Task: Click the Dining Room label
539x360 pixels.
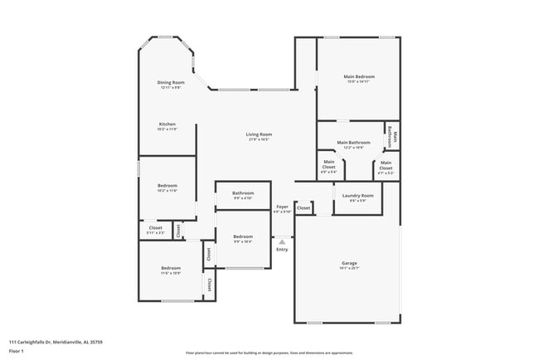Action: [x=171, y=82]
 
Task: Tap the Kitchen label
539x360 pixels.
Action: [x=167, y=124]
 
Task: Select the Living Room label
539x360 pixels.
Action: [x=259, y=134]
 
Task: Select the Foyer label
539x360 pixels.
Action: [x=282, y=207]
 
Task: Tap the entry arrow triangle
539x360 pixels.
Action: [x=282, y=241]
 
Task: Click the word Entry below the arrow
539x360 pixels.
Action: [x=282, y=249]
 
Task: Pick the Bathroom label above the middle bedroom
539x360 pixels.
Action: [x=242, y=193]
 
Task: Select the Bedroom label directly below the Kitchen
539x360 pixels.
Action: [x=167, y=186]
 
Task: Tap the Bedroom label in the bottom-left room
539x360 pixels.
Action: [x=171, y=268]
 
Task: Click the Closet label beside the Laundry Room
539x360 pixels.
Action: [x=303, y=207]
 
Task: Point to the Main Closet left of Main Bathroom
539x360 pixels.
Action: [x=329, y=164]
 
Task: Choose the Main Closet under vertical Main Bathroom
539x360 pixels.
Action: [x=386, y=164]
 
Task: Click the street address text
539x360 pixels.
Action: [x=56, y=341]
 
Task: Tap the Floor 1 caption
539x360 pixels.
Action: [x=17, y=351]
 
